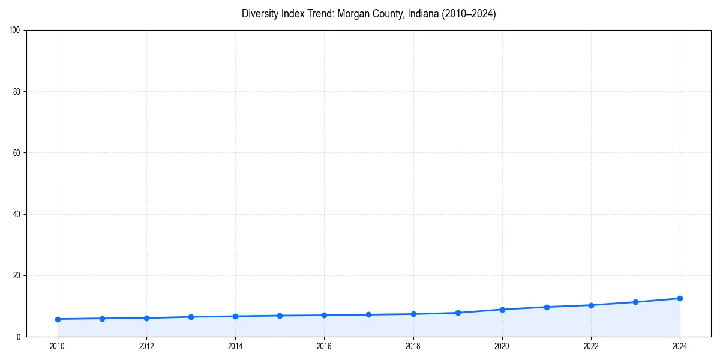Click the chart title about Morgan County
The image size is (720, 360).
click(x=368, y=14)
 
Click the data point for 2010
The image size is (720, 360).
click(x=58, y=319)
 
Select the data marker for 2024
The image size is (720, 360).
click(x=680, y=298)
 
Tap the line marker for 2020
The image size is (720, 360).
click(x=502, y=310)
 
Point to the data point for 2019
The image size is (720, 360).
click(x=458, y=313)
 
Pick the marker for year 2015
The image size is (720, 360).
click(x=280, y=316)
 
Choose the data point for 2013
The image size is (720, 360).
click(x=191, y=317)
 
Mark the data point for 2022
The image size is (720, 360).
click(x=591, y=305)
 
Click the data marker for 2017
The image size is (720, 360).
click(x=368, y=314)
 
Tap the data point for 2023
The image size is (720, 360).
click(x=635, y=302)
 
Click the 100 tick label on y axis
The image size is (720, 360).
click(x=15, y=30)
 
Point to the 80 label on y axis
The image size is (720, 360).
click(x=17, y=92)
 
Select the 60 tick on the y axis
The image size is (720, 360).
click(x=17, y=153)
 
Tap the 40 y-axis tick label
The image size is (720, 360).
click(x=17, y=214)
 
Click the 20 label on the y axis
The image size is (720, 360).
click(x=17, y=275)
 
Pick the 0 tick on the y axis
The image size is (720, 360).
click(x=19, y=337)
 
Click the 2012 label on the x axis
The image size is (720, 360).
click(x=146, y=346)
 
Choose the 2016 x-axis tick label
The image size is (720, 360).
click(x=324, y=346)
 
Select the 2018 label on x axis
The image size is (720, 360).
click(x=413, y=346)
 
